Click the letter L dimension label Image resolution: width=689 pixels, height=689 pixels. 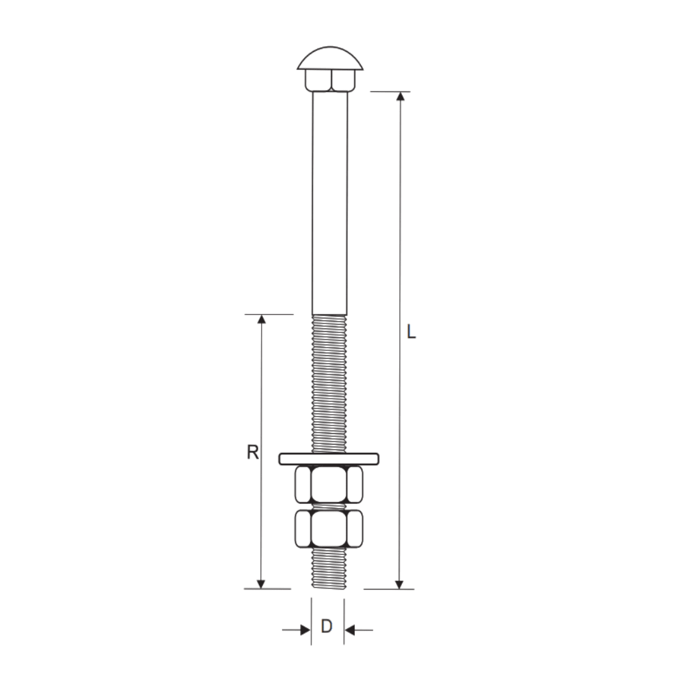pyautogui.click(x=411, y=332)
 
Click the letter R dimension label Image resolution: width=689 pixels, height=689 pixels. pyautogui.click(x=253, y=452)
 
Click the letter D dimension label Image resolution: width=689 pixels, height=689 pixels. pyautogui.click(x=327, y=627)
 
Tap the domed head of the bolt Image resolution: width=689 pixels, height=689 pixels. pyautogui.click(x=330, y=58)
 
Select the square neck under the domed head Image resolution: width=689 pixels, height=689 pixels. pyautogui.click(x=330, y=80)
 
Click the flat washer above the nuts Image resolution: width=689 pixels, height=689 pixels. pyautogui.click(x=329, y=458)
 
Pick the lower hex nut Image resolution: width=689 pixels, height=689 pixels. pyautogui.click(x=329, y=528)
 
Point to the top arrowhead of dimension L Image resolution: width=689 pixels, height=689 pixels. pyautogui.click(x=400, y=97)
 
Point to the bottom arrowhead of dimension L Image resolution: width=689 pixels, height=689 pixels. pyautogui.click(x=399, y=584)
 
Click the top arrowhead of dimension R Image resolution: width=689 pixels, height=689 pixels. pyautogui.click(x=261, y=319)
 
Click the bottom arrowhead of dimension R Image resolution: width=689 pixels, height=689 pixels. pyautogui.click(x=260, y=584)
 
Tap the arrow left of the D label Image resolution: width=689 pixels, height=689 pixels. pyautogui.click(x=304, y=630)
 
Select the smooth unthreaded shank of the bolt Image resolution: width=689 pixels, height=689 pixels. pyautogui.click(x=330, y=204)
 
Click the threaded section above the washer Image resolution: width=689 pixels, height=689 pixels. pyautogui.click(x=329, y=383)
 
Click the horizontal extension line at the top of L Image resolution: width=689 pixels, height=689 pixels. pyautogui.click(x=389, y=92)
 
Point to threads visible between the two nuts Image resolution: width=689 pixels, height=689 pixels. pyautogui.click(x=329, y=507)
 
